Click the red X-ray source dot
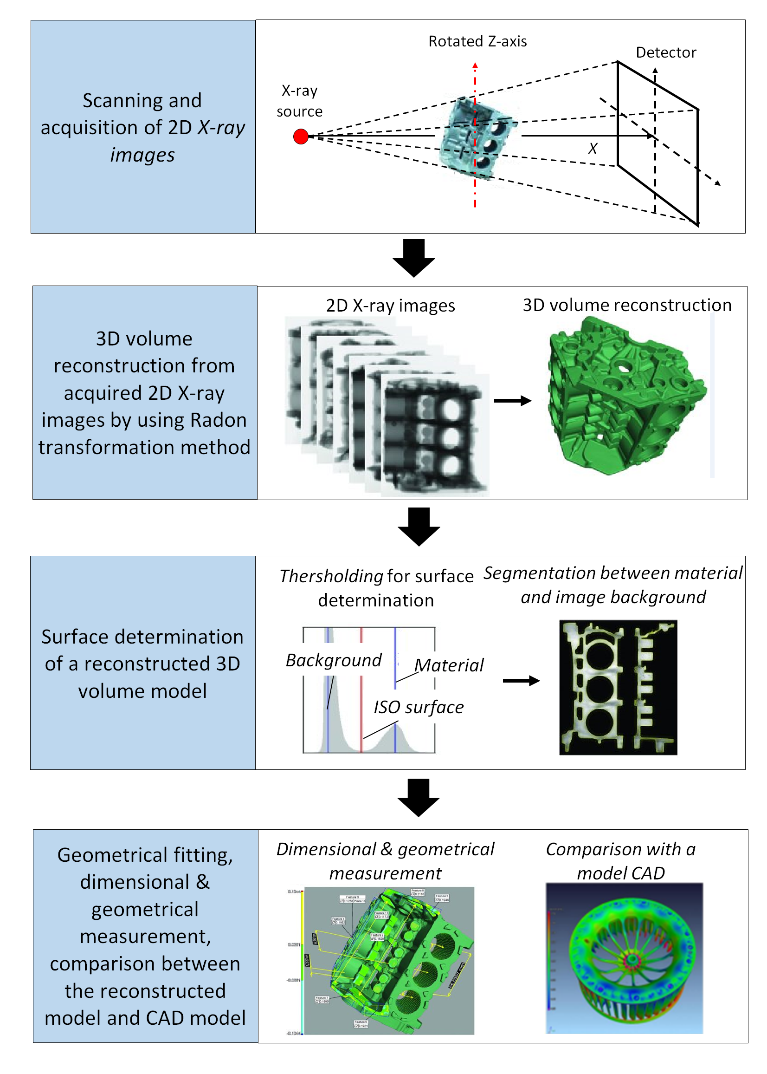click(301, 137)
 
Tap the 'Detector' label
click(666, 52)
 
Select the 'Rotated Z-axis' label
click(477, 42)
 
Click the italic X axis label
click(593, 149)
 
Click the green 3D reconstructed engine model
click(624, 397)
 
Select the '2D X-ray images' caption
click(391, 306)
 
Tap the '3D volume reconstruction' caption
click(627, 305)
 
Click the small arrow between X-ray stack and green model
click(512, 401)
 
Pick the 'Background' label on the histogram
click(334, 660)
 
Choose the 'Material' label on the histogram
click(449, 665)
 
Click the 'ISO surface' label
click(419, 707)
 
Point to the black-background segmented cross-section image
click(618, 687)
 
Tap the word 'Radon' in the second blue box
click(219, 420)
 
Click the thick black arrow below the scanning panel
click(414, 258)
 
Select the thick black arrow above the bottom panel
click(419, 798)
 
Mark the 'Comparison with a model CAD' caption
click(620, 861)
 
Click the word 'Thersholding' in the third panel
click(331, 576)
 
